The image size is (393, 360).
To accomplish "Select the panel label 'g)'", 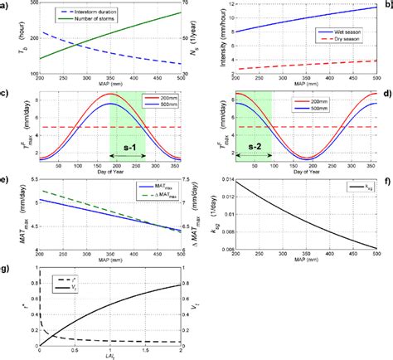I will tap(5, 269).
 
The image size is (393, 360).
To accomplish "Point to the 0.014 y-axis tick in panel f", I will tap(227, 180).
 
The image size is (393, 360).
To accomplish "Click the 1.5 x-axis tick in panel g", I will tap(134, 349).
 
